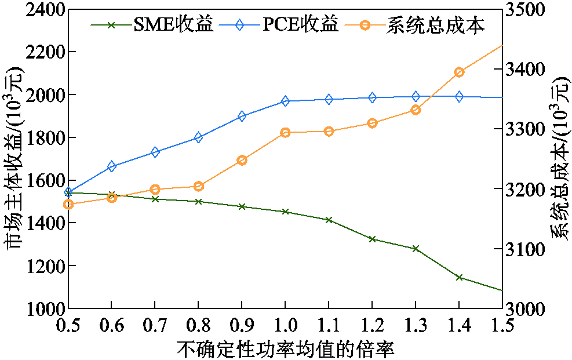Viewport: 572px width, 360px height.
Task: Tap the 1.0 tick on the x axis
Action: (285, 326)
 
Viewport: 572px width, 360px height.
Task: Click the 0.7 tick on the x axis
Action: (155, 326)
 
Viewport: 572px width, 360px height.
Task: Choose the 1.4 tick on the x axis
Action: (459, 326)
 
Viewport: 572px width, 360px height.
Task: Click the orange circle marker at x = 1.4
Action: (459, 72)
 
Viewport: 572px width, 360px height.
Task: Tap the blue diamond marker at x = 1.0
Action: (285, 101)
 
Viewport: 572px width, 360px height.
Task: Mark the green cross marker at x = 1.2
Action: (372, 239)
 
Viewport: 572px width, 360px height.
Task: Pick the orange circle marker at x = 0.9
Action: (242, 160)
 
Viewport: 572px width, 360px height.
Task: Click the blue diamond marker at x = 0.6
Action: (111, 166)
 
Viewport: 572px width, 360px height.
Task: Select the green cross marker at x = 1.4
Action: (459, 277)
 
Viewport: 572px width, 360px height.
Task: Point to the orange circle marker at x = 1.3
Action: (416, 110)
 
